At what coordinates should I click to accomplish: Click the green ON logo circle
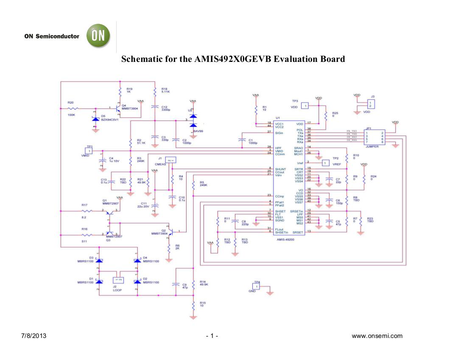tap(98, 36)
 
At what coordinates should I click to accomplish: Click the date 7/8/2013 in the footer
tap(33, 336)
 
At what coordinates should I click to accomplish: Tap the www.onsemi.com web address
tap(380, 336)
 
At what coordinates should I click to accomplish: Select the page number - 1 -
tap(212, 336)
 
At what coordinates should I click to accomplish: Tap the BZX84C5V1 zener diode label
tap(109, 120)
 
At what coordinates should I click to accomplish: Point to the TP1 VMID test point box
tap(89, 150)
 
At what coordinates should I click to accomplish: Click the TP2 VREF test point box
tap(325, 163)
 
